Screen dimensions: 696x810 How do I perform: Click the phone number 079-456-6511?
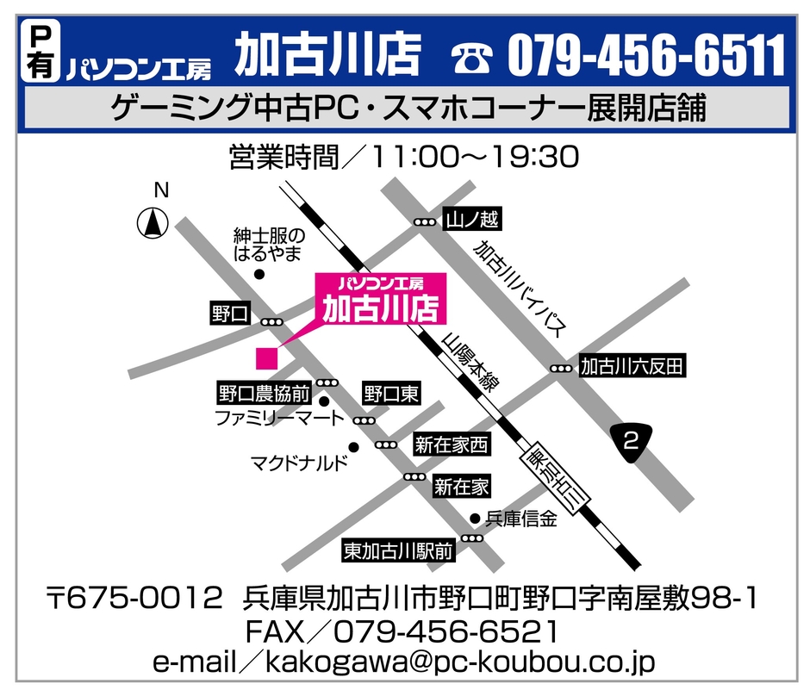[646, 56]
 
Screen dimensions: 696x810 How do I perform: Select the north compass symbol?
[153, 224]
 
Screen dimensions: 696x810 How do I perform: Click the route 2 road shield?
[631, 443]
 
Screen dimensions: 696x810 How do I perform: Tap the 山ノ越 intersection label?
[471, 221]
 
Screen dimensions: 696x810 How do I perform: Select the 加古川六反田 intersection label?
[632, 367]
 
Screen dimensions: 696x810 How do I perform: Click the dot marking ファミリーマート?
[325, 401]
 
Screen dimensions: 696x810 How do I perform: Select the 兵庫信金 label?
[521, 519]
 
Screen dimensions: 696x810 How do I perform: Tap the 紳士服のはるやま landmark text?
[270, 244]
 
